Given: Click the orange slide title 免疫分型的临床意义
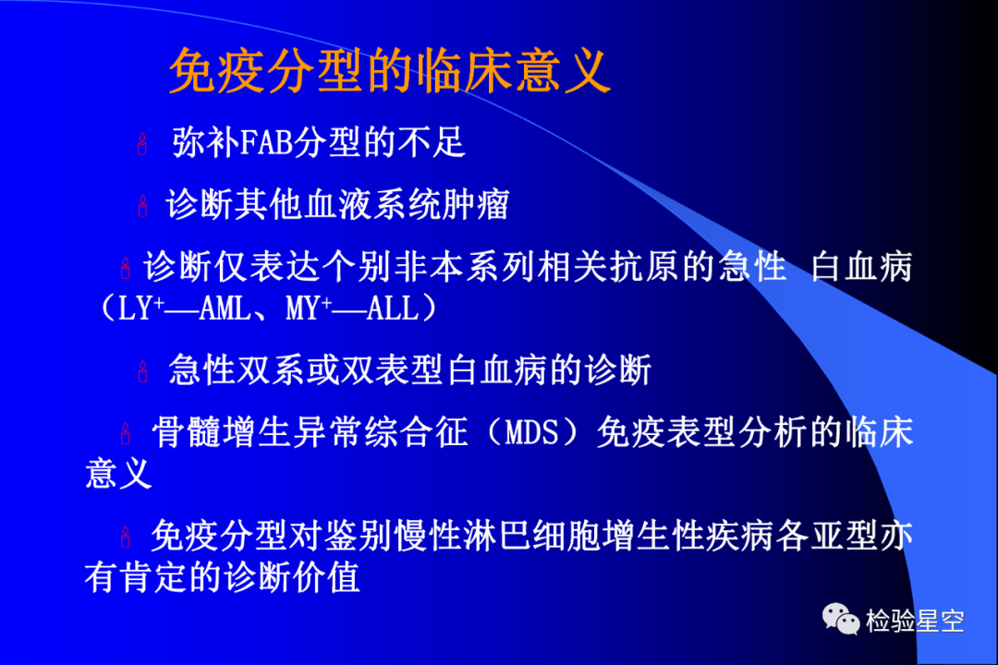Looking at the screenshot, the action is (x=390, y=70).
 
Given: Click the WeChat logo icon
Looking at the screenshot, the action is (x=840, y=619).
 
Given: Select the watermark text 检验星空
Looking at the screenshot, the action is (x=915, y=621).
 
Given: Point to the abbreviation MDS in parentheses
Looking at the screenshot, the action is (x=531, y=432).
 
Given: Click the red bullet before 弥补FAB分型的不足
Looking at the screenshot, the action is (x=142, y=144).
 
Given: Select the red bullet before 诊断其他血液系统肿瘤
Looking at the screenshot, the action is (x=142, y=206).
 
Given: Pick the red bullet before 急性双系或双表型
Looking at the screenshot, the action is (x=142, y=371).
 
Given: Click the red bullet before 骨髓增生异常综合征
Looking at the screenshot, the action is (x=126, y=433).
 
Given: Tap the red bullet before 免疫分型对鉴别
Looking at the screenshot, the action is (x=126, y=537).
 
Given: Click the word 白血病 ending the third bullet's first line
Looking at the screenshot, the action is (x=861, y=266).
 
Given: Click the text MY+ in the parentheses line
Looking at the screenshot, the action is (x=310, y=308).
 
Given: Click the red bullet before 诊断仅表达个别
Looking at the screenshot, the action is (x=126, y=268).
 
